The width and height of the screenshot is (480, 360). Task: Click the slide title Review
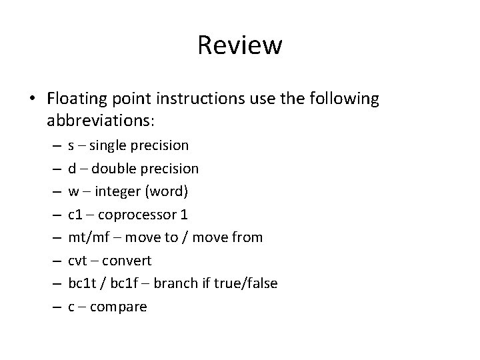pyautogui.click(x=240, y=46)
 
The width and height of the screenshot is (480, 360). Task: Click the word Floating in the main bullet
pyautogui.click(x=78, y=99)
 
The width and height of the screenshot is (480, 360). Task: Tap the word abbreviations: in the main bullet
pyautogui.click(x=101, y=121)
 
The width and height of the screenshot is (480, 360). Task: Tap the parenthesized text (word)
pyautogui.click(x=167, y=191)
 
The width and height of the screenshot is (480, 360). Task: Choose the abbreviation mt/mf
pyautogui.click(x=86, y=237)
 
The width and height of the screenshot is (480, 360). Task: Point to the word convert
pyautogui.click(x=127, y=260)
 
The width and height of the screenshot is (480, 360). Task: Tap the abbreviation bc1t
pyautogui.click(x=81, y=283)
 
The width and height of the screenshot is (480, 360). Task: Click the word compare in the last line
pyautogui.click(x=119, y=307)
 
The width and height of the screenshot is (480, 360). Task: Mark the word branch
pyautogui.click(x=175, y=283)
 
